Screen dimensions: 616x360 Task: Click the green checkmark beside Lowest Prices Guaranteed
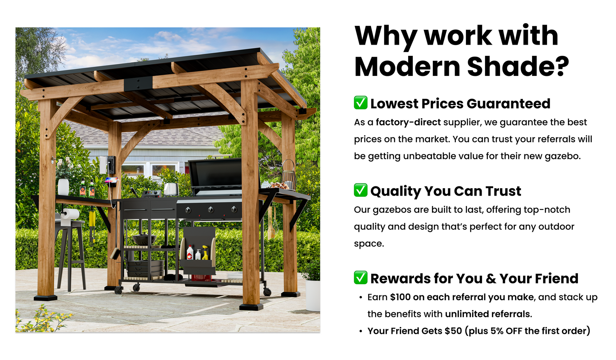point(360,102)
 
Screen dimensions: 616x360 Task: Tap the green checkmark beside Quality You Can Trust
point(360,190)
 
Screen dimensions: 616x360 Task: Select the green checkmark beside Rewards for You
point(360,278)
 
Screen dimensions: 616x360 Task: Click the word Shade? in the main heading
point(518,66)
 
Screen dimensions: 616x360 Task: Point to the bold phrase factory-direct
point(408,122)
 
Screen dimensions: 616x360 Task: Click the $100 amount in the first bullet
point(400,297)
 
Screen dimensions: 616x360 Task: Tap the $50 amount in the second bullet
point(453,331)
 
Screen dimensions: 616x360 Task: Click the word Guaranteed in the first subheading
point(508,104)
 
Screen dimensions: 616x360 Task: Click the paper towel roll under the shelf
point(70,214)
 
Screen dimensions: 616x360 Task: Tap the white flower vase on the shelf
point(63,187)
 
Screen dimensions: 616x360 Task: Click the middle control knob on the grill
point(211,210)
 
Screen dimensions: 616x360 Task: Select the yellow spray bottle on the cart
point(205,253)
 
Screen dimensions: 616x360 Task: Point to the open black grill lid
point(216,174)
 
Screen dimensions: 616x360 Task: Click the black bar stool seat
point(70,224)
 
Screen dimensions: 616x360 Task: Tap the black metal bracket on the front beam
point(138,83)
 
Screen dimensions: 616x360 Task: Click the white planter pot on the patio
point(313,295)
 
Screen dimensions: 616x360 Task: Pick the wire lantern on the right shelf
point(288,174)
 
